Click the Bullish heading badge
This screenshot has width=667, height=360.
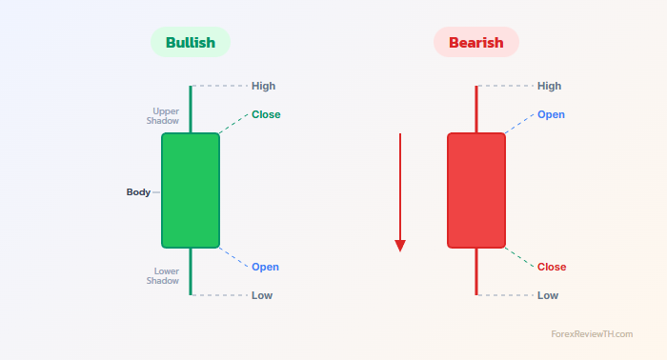(191, 42)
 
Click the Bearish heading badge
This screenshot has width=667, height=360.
(475, 42)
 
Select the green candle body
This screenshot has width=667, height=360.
(191, 190)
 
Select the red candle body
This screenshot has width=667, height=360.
(476, 190)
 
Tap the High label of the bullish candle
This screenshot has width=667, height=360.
(264, 86)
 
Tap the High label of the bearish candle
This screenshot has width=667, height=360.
(549, 86)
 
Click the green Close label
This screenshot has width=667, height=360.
(266, 114)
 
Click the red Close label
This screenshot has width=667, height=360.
(552, 267)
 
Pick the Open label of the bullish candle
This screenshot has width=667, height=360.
(265, 267)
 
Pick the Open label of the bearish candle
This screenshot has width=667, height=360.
(551, 114)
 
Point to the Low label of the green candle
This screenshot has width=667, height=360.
(262, 295)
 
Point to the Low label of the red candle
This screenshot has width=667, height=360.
(548, 295)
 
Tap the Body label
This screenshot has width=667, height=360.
(138, 191)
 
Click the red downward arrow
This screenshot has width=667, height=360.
(400, 190)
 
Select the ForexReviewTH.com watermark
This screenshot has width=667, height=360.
(592, 334)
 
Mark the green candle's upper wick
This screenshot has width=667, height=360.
(191, 110)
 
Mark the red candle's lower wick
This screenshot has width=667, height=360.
(476, 271)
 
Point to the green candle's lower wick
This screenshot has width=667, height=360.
(191, 271)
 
